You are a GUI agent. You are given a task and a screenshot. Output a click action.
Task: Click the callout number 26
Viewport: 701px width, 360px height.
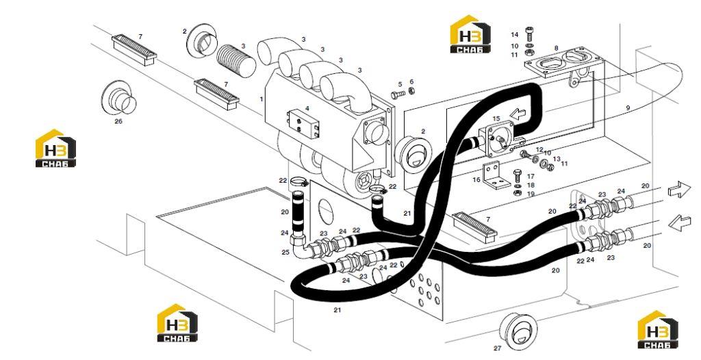tap(118, 120)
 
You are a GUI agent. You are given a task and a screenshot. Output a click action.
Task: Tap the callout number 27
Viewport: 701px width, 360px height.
tap(498, 348)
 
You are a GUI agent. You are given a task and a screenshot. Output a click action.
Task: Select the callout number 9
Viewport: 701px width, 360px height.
tap(628, 107)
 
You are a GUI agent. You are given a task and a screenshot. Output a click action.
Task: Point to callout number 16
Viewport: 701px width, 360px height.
tap(476, 180)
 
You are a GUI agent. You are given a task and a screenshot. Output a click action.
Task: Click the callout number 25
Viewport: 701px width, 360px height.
tap(285, 253)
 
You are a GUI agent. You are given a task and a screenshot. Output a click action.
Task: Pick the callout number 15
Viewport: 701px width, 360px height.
tap(496, 118)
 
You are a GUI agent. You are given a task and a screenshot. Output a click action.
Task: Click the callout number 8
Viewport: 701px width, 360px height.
tap(556, 48)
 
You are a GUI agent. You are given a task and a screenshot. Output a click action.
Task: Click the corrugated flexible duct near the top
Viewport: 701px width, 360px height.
tap(235, 60)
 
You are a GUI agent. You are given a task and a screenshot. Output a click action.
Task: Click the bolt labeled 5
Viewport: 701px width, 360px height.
tap(398, 95)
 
